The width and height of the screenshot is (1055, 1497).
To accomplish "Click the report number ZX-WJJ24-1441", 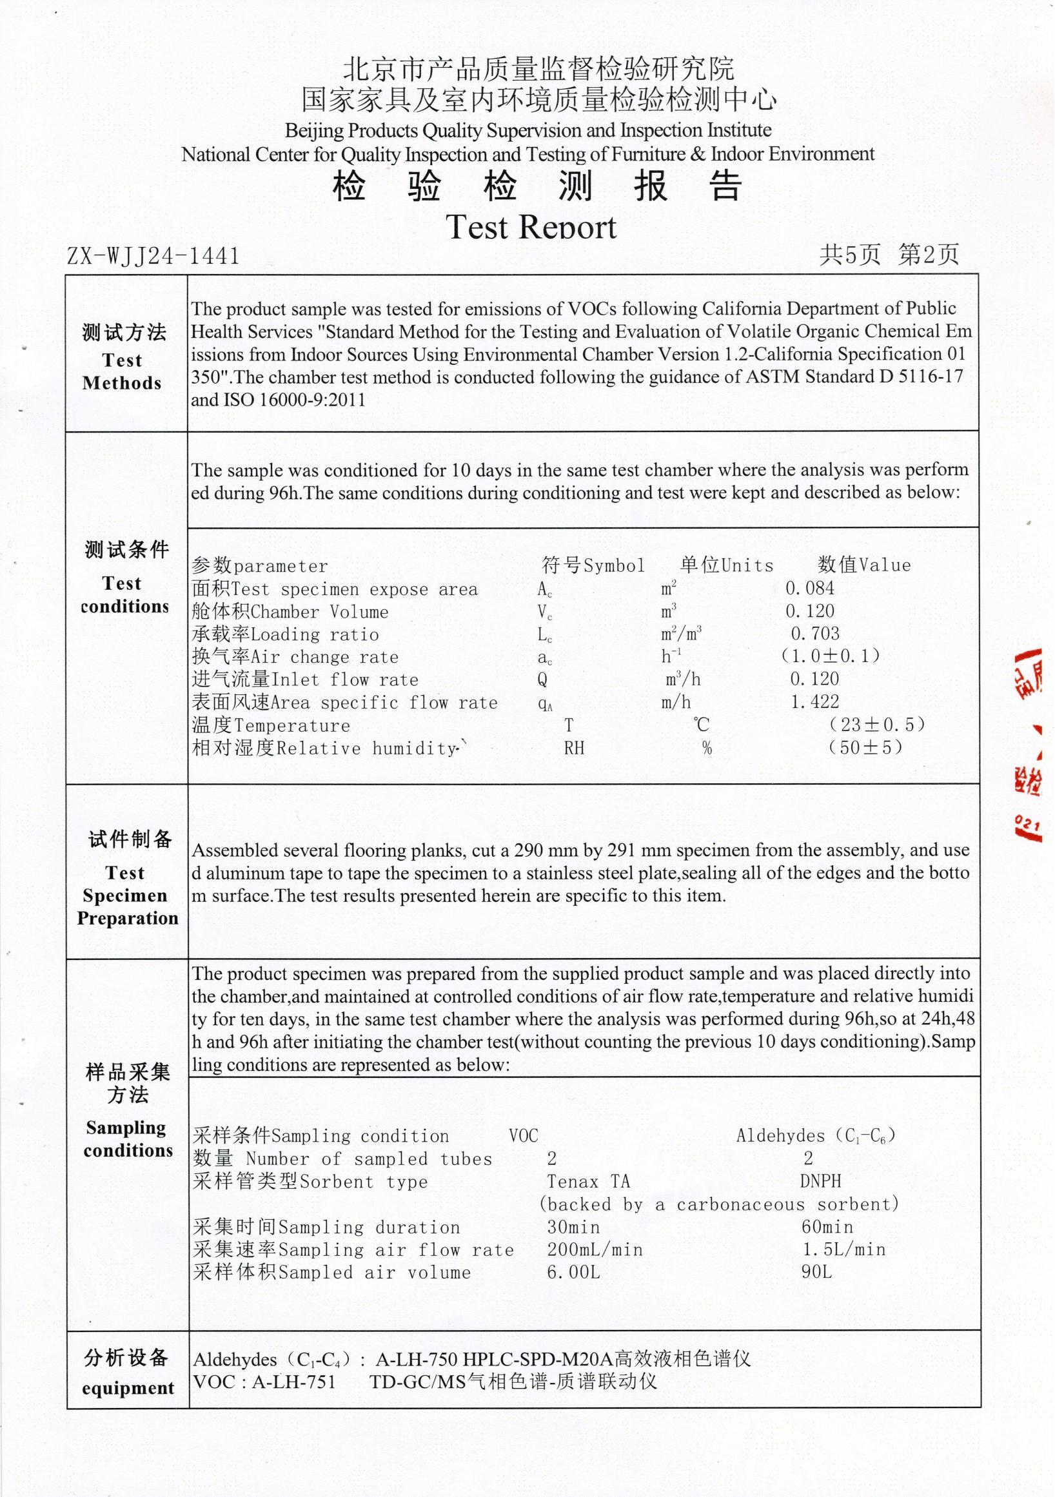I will point(153,255).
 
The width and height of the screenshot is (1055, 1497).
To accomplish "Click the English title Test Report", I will point(531,227).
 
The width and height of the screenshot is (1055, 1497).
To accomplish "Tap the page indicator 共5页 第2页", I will point(889,254).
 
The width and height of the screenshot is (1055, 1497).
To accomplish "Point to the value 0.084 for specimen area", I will point(809,588).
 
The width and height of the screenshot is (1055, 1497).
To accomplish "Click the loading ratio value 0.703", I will point(814,633).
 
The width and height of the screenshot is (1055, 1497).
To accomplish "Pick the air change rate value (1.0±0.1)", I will point(830,655).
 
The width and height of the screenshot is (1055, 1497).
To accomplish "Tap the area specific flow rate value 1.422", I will point(814,701).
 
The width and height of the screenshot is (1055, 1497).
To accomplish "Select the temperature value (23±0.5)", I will point(876,725).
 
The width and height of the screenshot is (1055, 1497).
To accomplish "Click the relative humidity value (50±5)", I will point(865,747).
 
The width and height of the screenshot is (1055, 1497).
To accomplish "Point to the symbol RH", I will point(574,748).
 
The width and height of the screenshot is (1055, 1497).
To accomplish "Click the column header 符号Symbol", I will point(593,565).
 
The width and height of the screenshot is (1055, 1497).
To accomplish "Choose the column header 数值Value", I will point(864,565).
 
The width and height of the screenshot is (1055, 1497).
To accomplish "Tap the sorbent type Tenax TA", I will point(588,1182).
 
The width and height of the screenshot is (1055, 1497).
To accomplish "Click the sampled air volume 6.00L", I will point(573,1272).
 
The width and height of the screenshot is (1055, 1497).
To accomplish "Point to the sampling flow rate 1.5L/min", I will point(843,1249).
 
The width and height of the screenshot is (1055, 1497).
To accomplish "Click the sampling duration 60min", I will point(827,1226).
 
